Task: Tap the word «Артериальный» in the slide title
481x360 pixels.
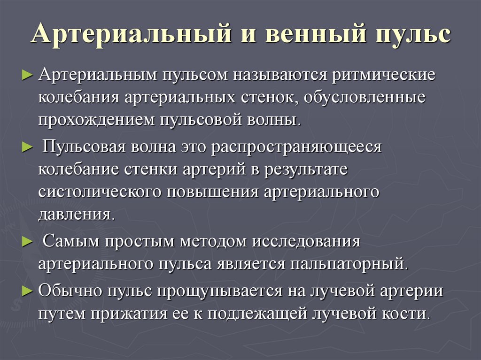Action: click(x=132, y=37)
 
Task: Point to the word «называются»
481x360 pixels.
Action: click(x=274, y=76)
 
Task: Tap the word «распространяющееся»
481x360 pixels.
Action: click(x=297, y=147)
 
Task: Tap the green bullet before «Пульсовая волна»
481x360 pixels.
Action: click(x=27, y=147)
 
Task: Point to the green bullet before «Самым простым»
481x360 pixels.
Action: click(x=27, y=242)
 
